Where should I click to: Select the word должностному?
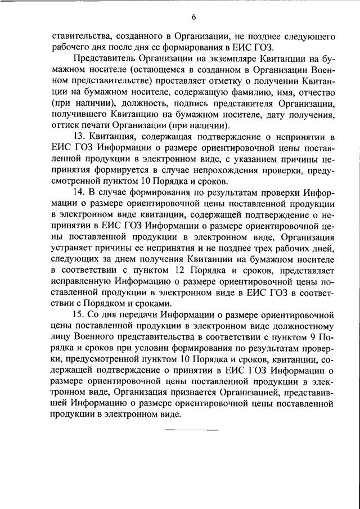click(x=302, y=325)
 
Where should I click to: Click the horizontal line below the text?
click(x=191, y=430)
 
